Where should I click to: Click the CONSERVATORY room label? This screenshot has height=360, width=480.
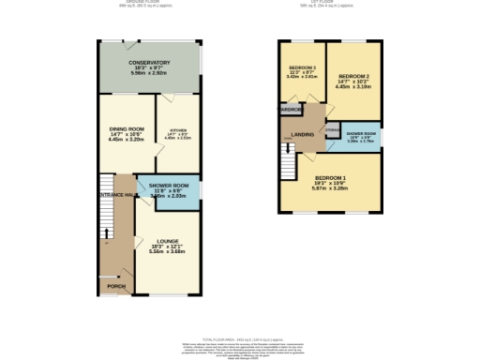click(x=149, y=63)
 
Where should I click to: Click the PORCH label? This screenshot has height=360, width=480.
click(x=116, y=286)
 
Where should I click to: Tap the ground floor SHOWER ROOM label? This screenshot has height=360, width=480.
click(x=169, y=186)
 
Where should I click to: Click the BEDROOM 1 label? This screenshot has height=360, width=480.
click(x=331, y=177)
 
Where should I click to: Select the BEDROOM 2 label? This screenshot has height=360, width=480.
click(x=354, y=76)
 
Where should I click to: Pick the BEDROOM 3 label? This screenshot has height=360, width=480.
click(x=301, y=68)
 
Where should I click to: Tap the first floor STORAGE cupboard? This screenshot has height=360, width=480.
click(x=333, y=130)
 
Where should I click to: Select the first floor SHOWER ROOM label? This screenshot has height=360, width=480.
click(x=361, y=134)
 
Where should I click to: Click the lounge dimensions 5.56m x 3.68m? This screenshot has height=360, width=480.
click(x=169, y=251)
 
